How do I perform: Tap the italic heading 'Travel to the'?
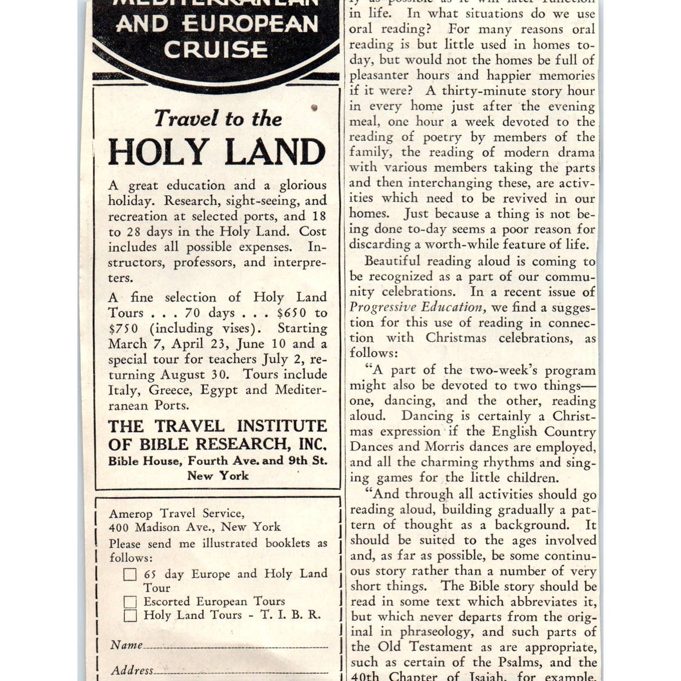click(218, 119)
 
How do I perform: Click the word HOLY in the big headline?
click(158, 152)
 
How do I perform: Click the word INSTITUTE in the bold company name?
click(281, 426)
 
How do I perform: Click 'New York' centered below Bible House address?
click(218, 476)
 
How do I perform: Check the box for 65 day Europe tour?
click(130, 574)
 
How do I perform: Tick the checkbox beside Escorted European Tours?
click(130, 602)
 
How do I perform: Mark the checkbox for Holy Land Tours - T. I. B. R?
click(130, 615)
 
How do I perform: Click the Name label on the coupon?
click(126, 645)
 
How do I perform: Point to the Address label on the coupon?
click(132, 670)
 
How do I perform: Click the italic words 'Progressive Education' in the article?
click(416, 307)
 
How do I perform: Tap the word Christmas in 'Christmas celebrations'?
click(456, 338)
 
